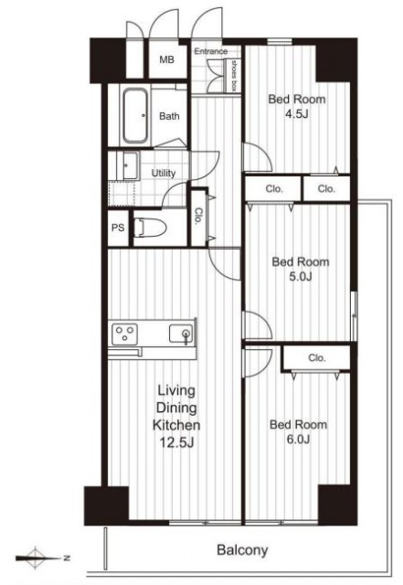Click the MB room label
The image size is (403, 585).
tap(166, 59)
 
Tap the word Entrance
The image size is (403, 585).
tap(211, 51)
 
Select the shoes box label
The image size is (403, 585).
tap(234, 76)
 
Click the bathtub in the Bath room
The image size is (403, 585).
tap(134, 116)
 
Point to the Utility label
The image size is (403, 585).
tap(164, 173)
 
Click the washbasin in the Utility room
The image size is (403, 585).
tap(128, 165)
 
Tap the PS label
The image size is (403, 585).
tap(118, 228)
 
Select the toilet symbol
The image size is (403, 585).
tap(149, 228)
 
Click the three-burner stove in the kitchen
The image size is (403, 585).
tap(124, 334)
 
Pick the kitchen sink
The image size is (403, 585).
tap(181, 333)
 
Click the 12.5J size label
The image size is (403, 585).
tap(176, 442)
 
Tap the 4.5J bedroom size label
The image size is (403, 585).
tap(297, 114)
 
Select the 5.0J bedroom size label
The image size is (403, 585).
tap(301, 276)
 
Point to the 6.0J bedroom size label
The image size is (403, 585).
tap(298, 440)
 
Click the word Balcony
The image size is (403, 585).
tap(242, 550)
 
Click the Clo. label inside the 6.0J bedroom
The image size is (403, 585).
tap(317, 358)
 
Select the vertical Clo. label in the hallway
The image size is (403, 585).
tap(197, 216)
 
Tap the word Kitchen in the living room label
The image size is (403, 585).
tap(176, 425)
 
